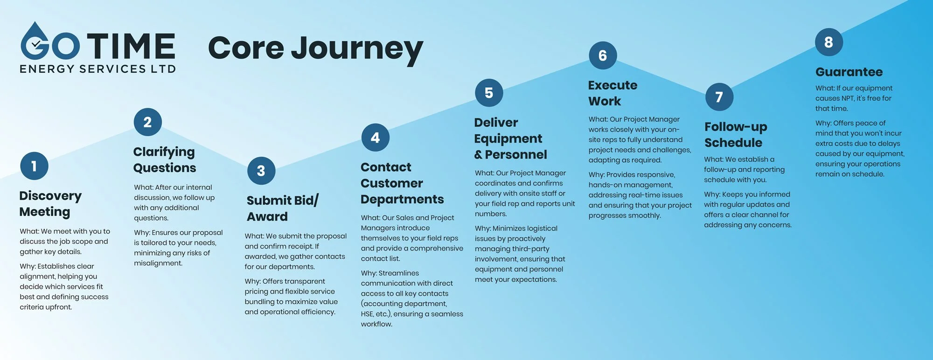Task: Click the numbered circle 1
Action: coord(34,166)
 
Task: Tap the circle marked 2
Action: coord(147,122)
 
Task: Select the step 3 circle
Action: coord(261,171)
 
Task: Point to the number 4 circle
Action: coord(375,138)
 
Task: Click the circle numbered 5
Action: coord(489,93)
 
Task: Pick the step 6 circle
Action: coord(603,55)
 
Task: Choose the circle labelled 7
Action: coord(719,97)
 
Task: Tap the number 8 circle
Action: coord(829,42)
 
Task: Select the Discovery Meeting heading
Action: coord(50,204)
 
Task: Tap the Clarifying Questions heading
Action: coord(164,159)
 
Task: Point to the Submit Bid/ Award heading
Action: coord(282,208)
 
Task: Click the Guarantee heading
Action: coord(849,72)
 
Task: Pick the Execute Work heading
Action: coord(612,93)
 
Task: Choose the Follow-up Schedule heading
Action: coord(735,135)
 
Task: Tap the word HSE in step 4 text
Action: coord(367,314)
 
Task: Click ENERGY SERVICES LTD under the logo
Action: coord(97,69)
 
